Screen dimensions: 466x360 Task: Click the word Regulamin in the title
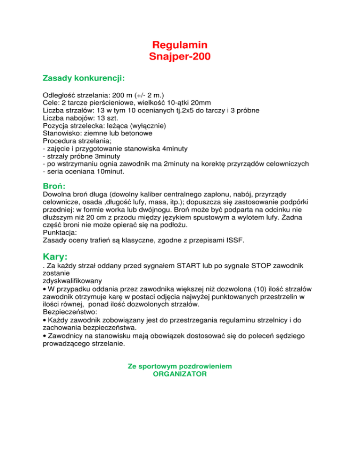point(180,45)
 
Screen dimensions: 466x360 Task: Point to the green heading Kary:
point(55,256)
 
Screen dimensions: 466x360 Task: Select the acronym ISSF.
point(236,240)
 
